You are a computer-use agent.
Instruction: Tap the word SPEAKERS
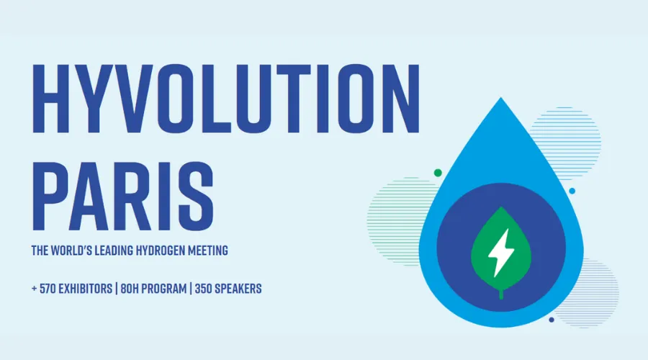[245, 289]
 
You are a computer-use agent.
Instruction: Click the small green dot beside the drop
[437, 173]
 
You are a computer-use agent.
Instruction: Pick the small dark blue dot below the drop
[552, 320]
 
